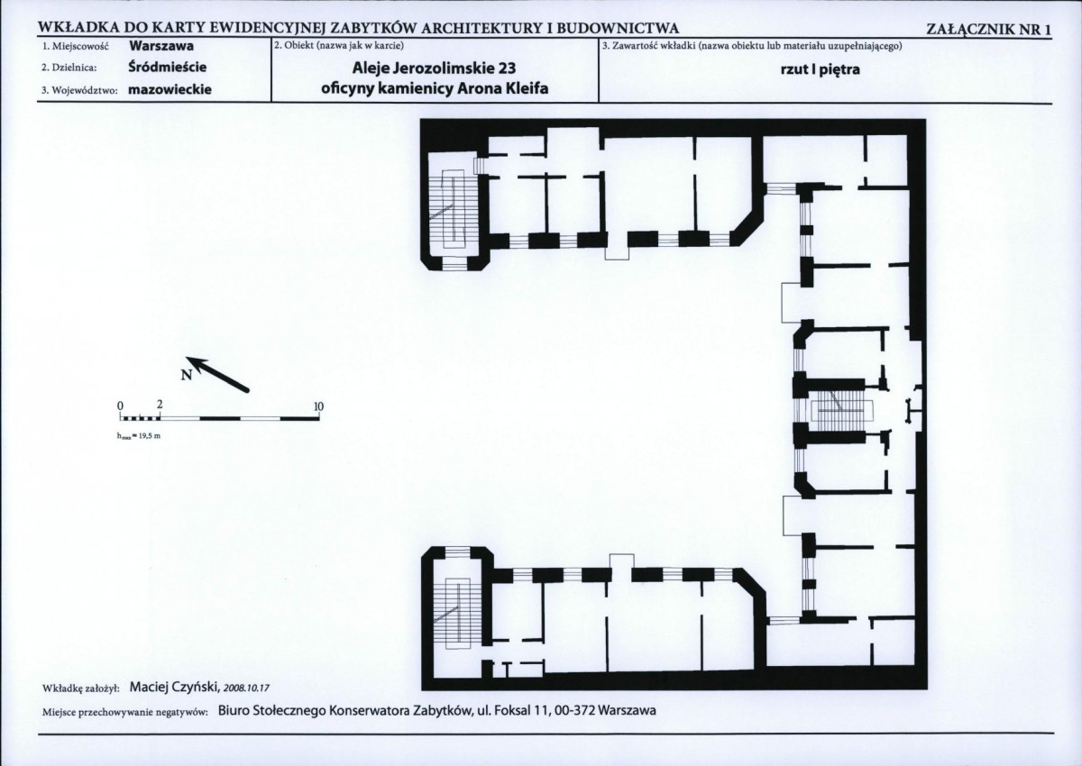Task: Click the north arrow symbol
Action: tap(217, 374)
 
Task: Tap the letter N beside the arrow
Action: tap(187, 375)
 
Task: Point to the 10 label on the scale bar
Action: tap(318, 406)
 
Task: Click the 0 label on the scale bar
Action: tap(120, 405)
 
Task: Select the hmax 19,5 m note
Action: tap(139, 436)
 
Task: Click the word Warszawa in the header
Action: tap(161, 46)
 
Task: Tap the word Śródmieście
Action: tap(167, 67)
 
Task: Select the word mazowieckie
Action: tap(170, 90)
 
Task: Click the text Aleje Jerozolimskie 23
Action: tap(434, 68)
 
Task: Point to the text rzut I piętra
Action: tap(820, 69)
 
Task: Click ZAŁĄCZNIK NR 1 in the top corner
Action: tap(988, 30)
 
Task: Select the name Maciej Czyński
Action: tap(174, 688)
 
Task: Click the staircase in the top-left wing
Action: tap(454, 208)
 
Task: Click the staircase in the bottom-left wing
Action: tap(457, 613)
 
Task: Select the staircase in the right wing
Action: tap(843, 412)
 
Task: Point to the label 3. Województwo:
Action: tap(79, 91)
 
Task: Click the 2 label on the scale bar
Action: tap(160, 405)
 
